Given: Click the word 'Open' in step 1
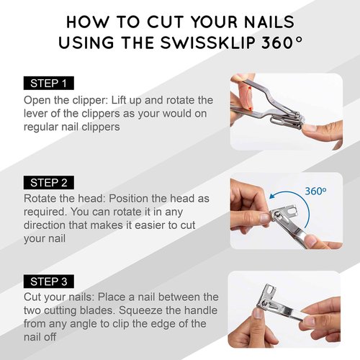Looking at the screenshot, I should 39,99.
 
